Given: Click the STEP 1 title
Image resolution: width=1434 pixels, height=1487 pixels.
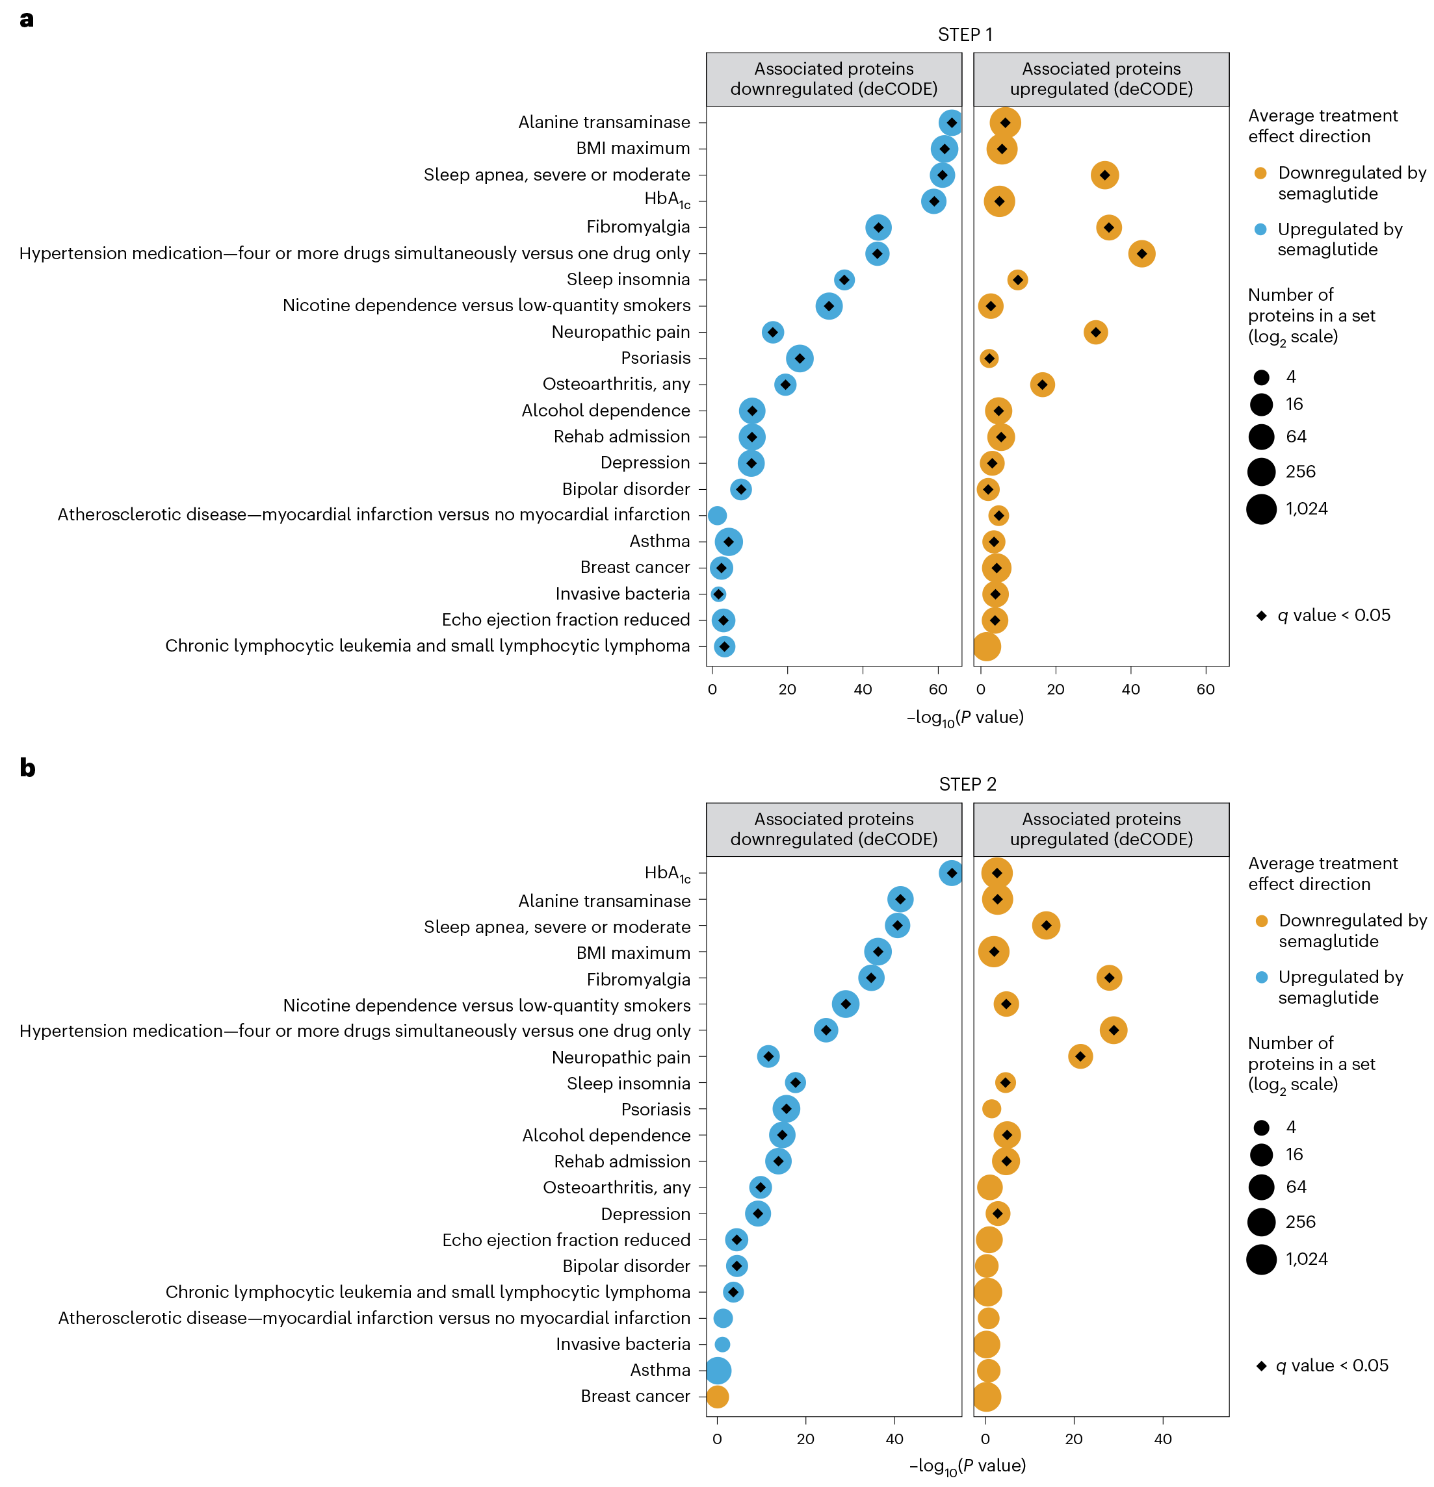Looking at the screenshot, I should point(965,35).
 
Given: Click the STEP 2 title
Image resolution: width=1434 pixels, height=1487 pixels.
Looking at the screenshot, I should point(967,783).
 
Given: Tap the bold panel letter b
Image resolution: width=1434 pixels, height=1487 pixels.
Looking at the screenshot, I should point(27,768).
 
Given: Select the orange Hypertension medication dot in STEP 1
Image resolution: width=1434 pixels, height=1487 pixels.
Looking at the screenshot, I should point(1141,253).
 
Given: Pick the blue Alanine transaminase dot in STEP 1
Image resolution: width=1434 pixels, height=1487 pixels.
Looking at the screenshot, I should point(950,123).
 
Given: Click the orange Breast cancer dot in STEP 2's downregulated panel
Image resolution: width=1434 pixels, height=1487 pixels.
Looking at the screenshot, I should point(718,1396).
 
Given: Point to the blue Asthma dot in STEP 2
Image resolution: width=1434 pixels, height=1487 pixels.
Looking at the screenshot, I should point(718,1370).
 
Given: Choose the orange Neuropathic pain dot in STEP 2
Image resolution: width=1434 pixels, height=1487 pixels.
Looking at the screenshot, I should point(1080,1056).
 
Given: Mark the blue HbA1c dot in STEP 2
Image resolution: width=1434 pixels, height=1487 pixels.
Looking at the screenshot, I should point(950,873).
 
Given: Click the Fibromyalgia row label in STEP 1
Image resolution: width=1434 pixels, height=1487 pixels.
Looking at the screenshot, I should point(638,227).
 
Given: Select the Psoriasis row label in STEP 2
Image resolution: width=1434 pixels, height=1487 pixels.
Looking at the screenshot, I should point(656,1109).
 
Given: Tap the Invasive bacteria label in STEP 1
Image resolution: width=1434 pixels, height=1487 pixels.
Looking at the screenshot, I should point(623,593).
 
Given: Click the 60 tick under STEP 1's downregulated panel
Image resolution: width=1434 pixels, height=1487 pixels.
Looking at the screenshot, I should point(938,689).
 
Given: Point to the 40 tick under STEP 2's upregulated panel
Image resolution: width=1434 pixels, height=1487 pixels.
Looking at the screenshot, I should point(1162,1438).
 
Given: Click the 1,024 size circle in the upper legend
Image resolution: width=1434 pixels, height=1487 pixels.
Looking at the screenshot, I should point(1261,508).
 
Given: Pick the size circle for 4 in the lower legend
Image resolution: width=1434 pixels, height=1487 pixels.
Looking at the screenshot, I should point(1261,1127).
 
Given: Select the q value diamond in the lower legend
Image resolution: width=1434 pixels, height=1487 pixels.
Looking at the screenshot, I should point(1261,1366).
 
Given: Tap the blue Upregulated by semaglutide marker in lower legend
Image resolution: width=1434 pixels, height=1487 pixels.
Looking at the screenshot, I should point(1261,977).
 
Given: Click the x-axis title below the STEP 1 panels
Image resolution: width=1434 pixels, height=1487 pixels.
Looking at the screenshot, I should point(965,717).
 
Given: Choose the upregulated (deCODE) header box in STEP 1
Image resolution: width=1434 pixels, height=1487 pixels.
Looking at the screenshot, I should point(1101,79).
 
